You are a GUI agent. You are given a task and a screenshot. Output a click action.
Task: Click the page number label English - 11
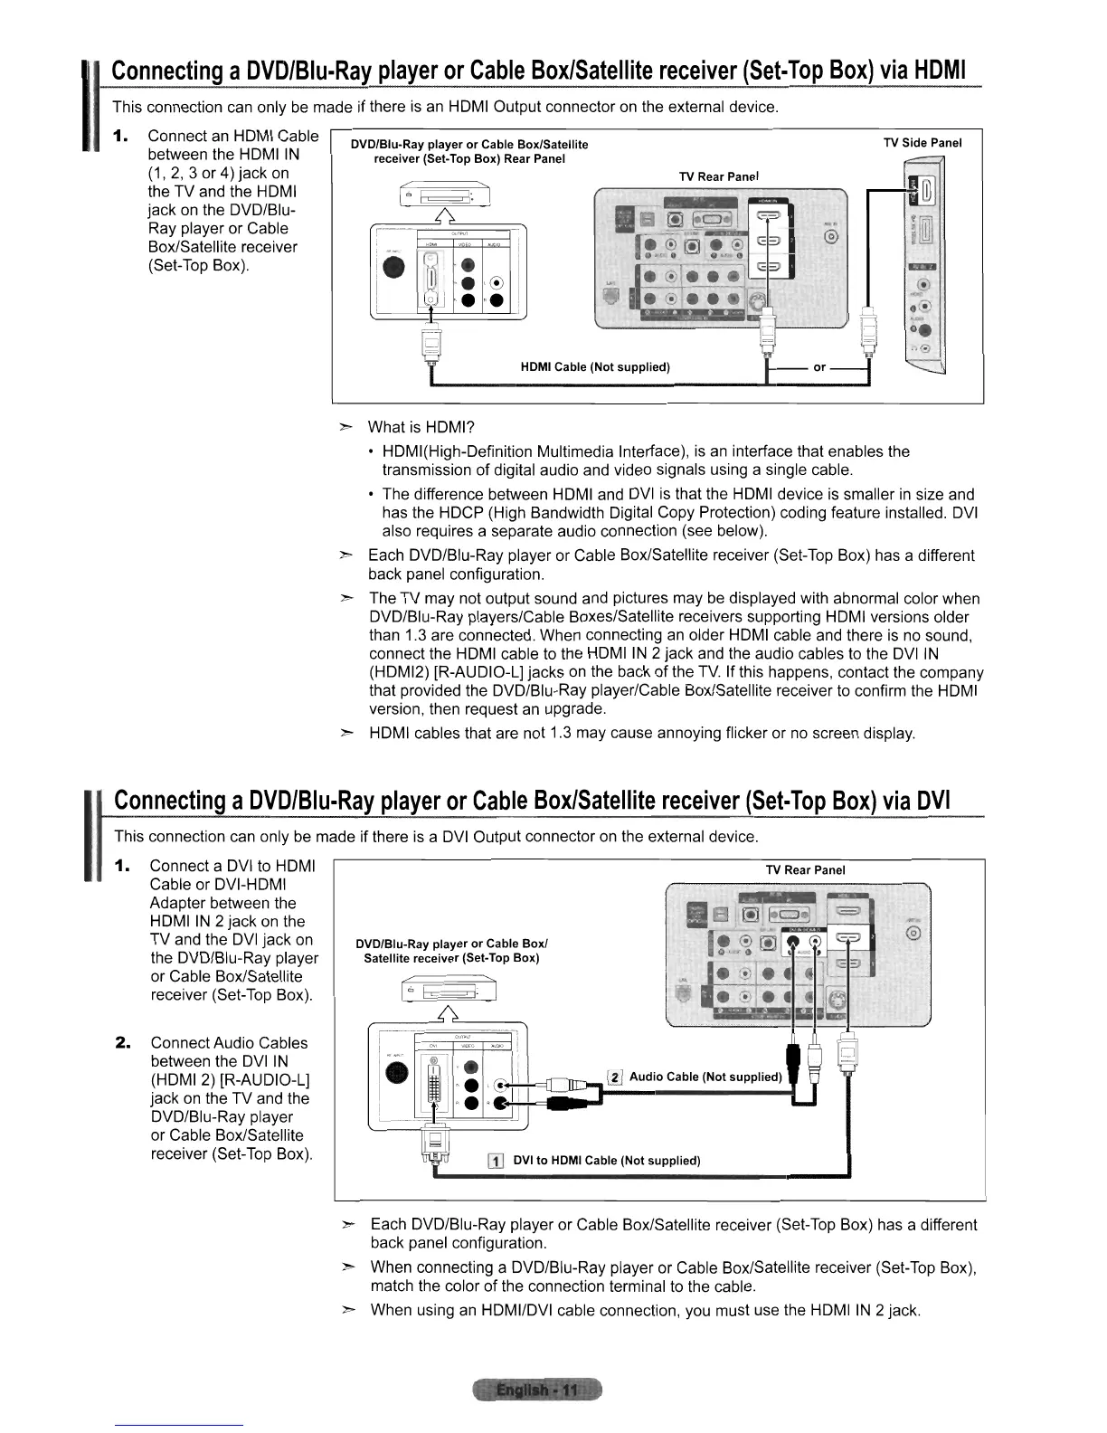point(536,1390)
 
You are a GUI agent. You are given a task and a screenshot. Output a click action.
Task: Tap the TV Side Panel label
point(922,143)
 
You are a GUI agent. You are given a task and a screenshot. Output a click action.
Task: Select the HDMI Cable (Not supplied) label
point(594,366)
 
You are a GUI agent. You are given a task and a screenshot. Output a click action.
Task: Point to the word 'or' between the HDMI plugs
point(820,366)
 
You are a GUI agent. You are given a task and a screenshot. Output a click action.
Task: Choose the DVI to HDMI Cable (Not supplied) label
point(606,1161)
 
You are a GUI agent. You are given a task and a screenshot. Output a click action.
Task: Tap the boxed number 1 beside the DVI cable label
point(494,1162)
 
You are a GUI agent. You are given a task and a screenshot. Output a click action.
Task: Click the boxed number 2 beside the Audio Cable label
point(615,1077)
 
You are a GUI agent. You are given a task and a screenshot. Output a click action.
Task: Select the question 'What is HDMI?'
point(421,427)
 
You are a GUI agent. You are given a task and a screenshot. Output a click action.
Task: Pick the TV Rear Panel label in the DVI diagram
point(805,870)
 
